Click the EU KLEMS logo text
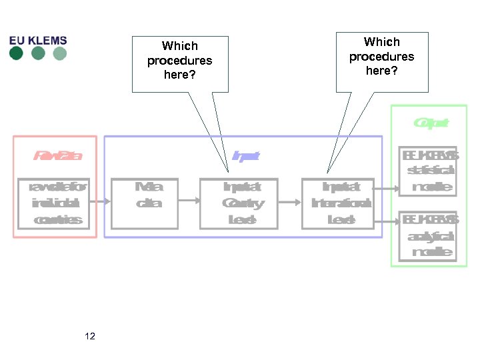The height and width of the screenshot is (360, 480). click(38, 40)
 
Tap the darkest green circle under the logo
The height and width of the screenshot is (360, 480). click(16, 53)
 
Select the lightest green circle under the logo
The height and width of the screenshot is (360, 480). click(60, 53)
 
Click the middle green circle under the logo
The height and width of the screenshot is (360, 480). click(38, 53)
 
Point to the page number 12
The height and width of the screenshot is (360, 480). click(90, 336)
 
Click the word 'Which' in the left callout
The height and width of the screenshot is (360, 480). click(180, 46)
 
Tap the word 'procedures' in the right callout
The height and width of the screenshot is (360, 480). click(381, 57)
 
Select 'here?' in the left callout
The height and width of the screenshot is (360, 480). click(180, 75)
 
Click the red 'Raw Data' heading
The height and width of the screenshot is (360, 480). click(58, 156)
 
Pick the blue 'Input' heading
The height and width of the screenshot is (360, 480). click(245, 156)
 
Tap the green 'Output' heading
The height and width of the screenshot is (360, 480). click(430, 123)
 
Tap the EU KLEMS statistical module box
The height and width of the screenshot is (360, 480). click(427, 171)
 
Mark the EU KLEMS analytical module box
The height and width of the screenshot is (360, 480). click(427, 235)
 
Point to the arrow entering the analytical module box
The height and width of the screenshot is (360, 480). click(387, 220)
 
